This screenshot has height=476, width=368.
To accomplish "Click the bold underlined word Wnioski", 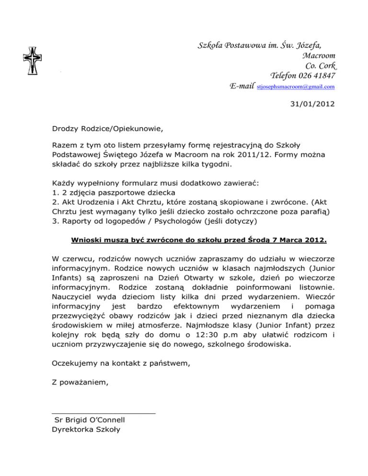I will [85, 226].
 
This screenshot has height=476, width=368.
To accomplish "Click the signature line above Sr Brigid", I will [103, 412].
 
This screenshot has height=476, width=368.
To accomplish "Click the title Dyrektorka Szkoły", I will [86, 429].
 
